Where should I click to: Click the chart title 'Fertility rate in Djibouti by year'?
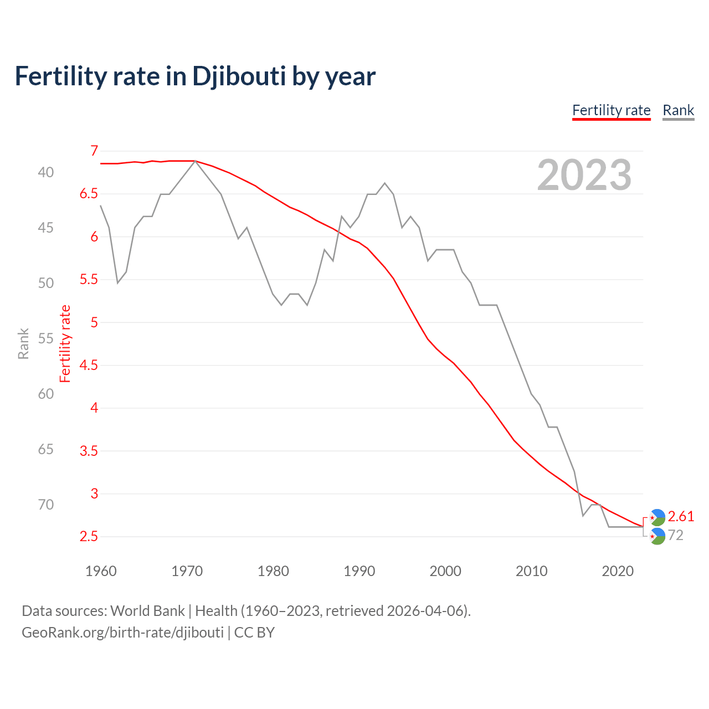click(x=195, y=76)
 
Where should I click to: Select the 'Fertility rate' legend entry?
click(x=611, y=110)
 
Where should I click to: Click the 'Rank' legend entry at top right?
click(x=678, y=110)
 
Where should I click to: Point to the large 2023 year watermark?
click(x=584, y=175)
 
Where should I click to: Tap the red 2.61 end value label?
click(x=681, y=516)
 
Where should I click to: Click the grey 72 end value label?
click(x=676, y=535)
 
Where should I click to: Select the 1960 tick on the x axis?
click(x=101, y=571)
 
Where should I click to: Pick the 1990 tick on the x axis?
click(x=359, y=571)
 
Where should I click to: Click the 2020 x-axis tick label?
click(x=618, y=571)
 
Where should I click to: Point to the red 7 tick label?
click(x=94, y=151)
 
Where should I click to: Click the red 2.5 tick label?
click(x=89, y=536)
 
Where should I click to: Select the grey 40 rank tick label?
click(x=46, y=172)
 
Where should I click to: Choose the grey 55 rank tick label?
click(x=46, y=338)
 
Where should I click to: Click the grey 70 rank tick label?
click(x=46, y=505)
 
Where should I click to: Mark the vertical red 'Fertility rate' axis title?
click(x=65, y=343)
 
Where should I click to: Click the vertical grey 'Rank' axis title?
click(x=23, y=343)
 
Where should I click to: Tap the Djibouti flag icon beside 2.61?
click(x=657, y=517)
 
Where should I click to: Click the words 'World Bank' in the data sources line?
click(x=147, y=611)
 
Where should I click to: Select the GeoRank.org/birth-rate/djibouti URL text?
click(x=122, y=633)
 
